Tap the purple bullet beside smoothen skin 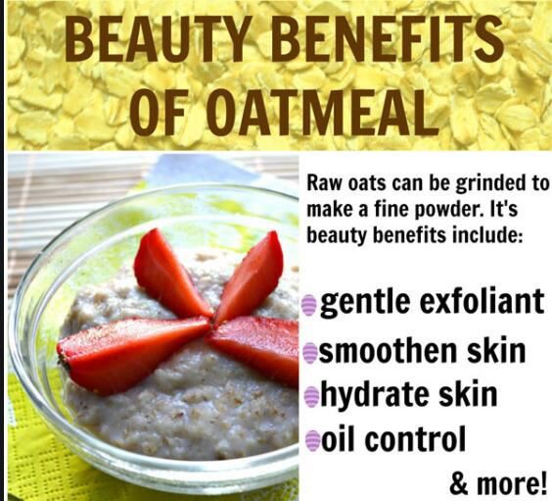pos(309,352)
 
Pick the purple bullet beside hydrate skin pos(311,396)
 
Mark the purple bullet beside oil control pos(312,440)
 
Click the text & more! pos(498,483)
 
